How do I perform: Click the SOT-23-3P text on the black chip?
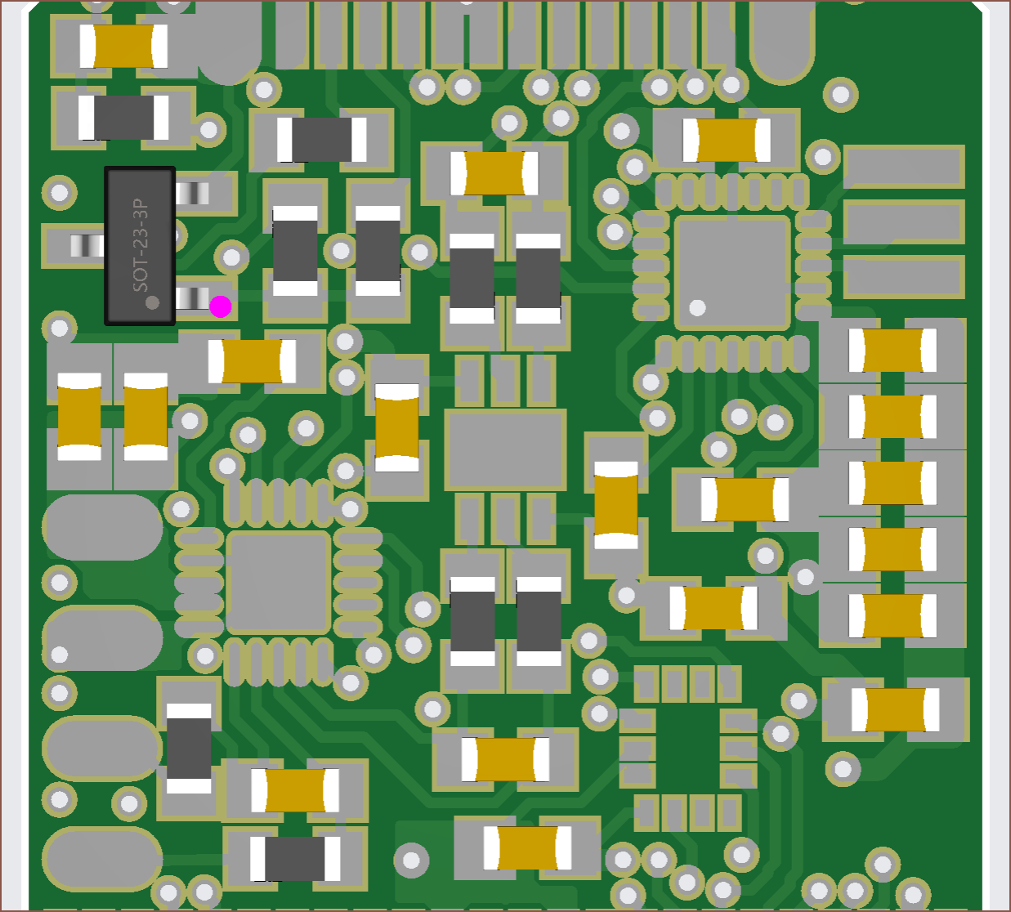(x=140, y=245)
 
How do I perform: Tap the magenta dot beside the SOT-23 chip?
(x=220, y=306)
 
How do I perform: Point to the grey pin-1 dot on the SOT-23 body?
(x=152, y=302)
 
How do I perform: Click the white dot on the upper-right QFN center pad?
(x=697, y=307)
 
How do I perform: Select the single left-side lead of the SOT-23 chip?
(x=87, y=246)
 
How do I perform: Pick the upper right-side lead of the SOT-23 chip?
(x=192, y=193)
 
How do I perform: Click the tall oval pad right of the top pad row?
(x=782, y=40)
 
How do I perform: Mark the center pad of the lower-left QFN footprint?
(x=278, y=583)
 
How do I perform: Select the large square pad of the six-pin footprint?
(x=505, y=449)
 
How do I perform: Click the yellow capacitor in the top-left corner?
(x=123, y=46)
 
